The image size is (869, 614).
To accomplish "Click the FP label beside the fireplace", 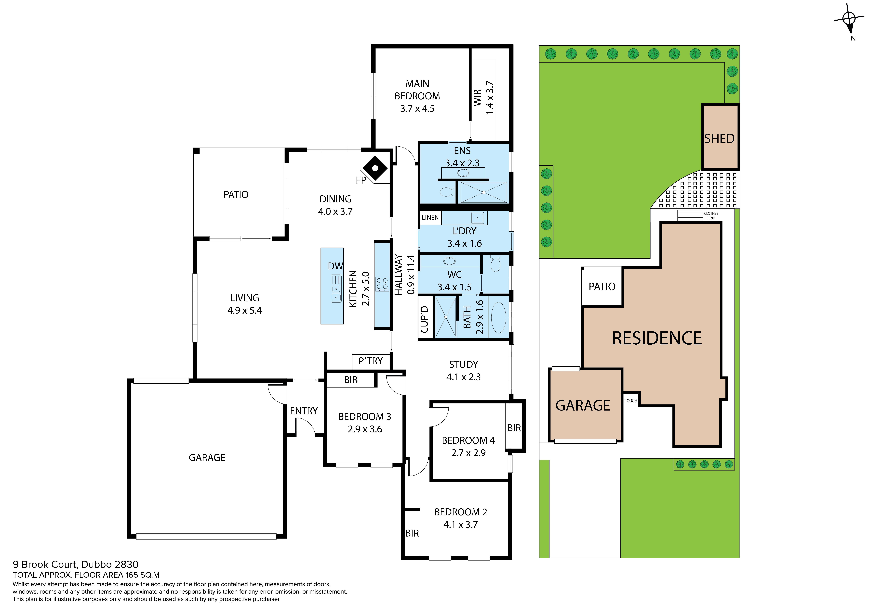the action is click(361, 180).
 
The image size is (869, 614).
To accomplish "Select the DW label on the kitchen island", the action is click(335, 266).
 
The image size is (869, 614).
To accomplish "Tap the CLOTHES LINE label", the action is click(711, 216).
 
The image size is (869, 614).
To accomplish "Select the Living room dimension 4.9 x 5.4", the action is click(244, 311).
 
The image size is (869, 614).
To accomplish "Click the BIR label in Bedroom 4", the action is click(514, 428).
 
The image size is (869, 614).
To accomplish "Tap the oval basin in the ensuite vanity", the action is click(463, 173).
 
